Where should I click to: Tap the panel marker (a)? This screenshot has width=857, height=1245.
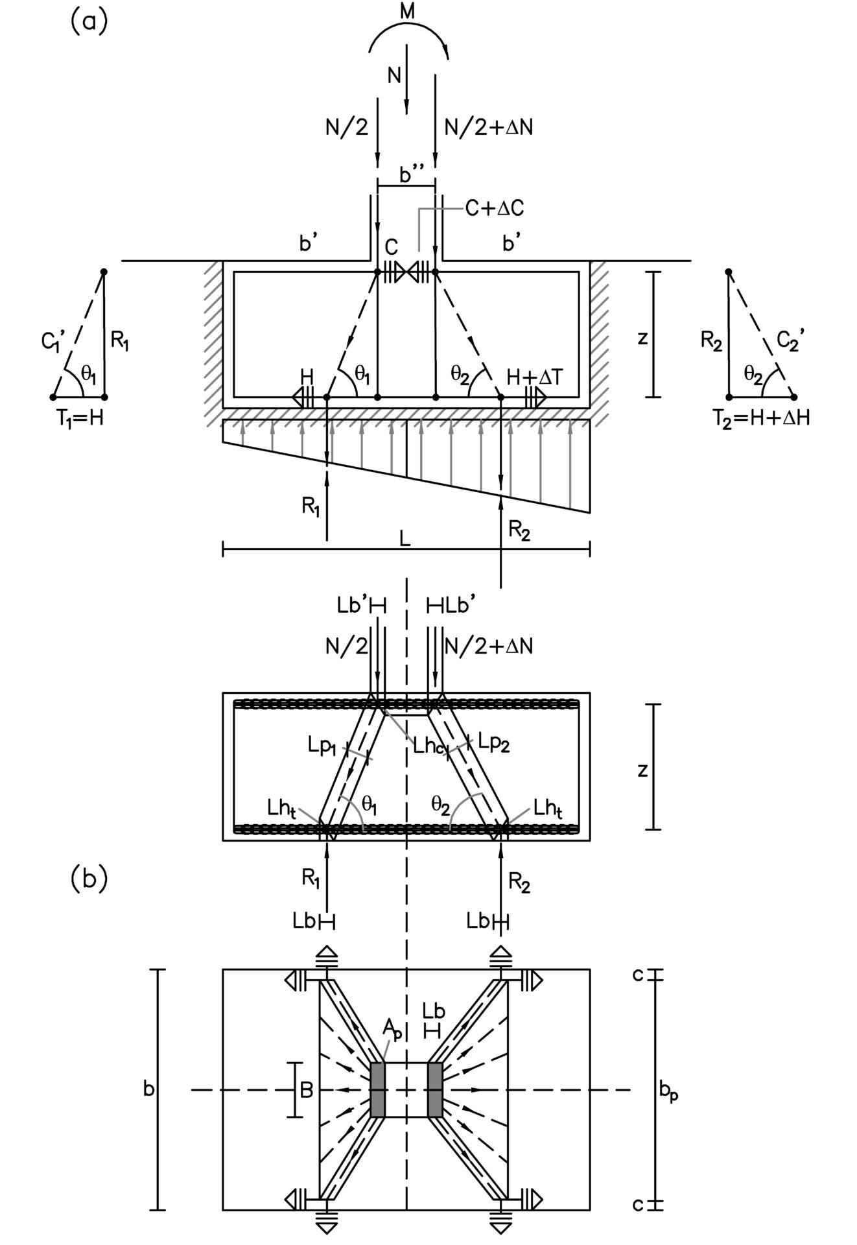click(x=88, y=21)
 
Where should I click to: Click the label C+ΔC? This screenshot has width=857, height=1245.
click(x=495, y=209)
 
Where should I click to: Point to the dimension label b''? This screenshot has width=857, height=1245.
click(x=410, y=175)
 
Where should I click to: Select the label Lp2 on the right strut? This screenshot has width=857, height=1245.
click(x=493, y=744)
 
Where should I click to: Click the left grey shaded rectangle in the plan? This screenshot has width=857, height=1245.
click(x=378, y=1090)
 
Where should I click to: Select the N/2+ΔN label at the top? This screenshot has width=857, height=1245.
click(x=489, y=127)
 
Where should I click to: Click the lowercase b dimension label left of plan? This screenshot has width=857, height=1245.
click(x=148, y=1089)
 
